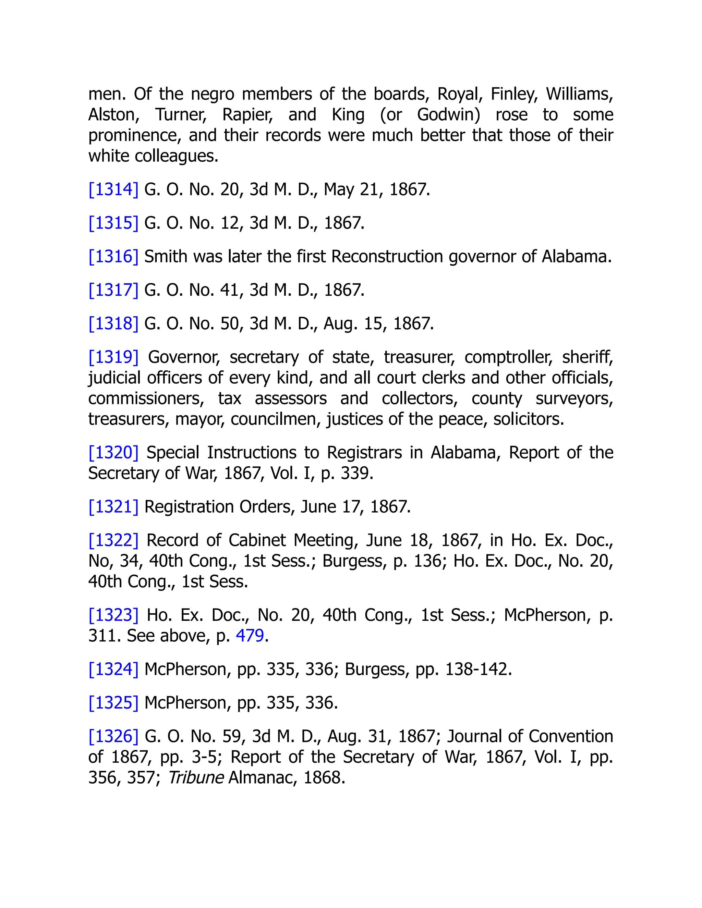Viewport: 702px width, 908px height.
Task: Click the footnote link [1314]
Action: point(113,189)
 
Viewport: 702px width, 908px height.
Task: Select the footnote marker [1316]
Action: point(113,257)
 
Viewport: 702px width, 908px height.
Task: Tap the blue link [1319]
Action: point(113,357)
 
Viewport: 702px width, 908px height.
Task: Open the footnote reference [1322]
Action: point(113,540)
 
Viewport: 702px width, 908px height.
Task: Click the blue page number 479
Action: point(250,636)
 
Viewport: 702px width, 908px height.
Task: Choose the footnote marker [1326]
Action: point(113,736)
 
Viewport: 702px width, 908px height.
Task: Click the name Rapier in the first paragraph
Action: point(247,115)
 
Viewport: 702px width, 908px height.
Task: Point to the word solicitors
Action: point(528,419)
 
